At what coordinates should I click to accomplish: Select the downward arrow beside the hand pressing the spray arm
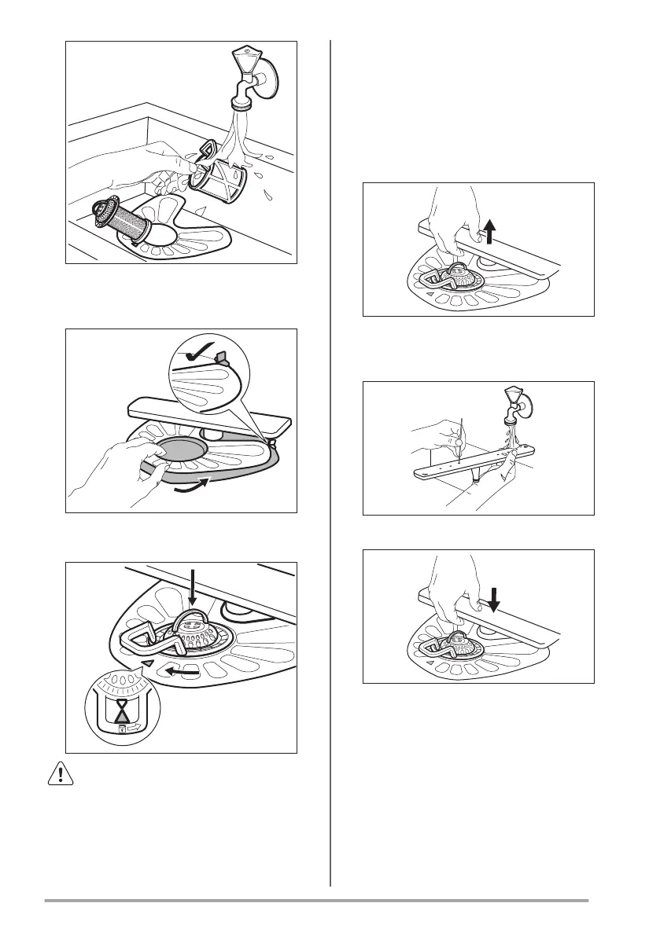(493, 599)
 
